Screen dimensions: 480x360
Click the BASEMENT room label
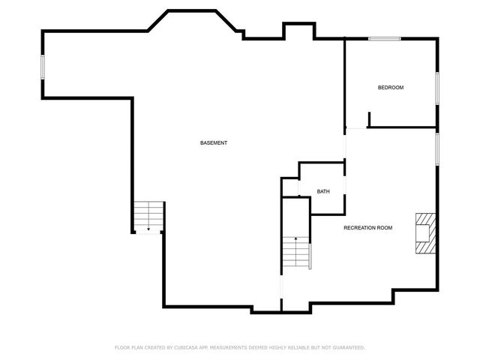[x=213, y=143]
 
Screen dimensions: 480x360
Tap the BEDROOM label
[x=391, y=88]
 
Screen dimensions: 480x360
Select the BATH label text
[x=323, y=192]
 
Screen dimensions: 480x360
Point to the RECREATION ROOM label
[x=368, y=228]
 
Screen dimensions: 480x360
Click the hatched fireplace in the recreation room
[x=425, y=233]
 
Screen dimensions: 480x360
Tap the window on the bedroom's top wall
[x=385, y=39]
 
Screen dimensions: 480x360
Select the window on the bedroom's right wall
[x=437, y=88]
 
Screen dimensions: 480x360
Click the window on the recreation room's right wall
[x=437, y=149]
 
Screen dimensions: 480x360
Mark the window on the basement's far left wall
[x=43, y=67]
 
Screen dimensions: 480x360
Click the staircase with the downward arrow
[x=148, y=216]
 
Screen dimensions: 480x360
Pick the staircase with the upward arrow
[x=296, y=252]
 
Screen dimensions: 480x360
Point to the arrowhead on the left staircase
[x=148, y=229]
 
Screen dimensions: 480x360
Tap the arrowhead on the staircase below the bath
[x=295, y=238]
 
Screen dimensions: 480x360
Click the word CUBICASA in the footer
[x=186, y=348]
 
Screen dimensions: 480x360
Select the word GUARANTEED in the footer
[x=349, y=348]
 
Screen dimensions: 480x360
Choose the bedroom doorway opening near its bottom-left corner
[x=356, y=128]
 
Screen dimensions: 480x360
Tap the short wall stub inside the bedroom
[x=369, y=119]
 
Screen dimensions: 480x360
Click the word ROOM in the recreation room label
[x=385, y=228]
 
